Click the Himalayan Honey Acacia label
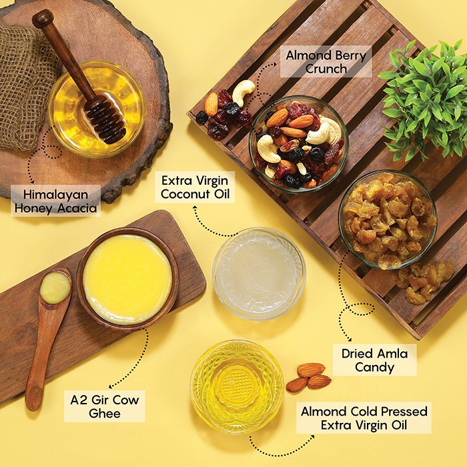tap(55, 201)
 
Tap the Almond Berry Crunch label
tap(326, 61)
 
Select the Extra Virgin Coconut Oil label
tap(195, 187)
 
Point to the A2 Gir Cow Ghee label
tap(105, 406)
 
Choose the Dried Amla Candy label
tap(374, 360)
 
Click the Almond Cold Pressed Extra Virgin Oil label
tap(364, 418)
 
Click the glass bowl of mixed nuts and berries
tap(299, 144)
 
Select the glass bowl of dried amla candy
tap(388, 219)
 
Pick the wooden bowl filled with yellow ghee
tap(128, 279)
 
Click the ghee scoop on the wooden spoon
tap(55, 288)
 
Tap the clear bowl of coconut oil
tap(259, 274)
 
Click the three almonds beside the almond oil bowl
tap(308, 378)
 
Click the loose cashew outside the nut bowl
tap(244, 92)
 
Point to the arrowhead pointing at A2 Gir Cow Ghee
tap(111, 386)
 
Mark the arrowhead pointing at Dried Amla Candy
tap(350, 339)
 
